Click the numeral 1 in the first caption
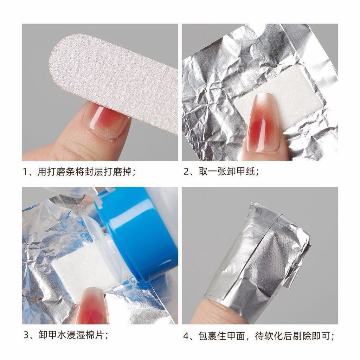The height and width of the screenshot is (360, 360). [x=25, y=172]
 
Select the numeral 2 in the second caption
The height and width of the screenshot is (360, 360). [x=186, y=172]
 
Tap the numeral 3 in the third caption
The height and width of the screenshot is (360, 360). [x=27, y=335]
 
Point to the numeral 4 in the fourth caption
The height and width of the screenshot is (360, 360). [x=186, y=336]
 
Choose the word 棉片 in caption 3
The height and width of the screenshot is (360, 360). [x=95, y=335]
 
